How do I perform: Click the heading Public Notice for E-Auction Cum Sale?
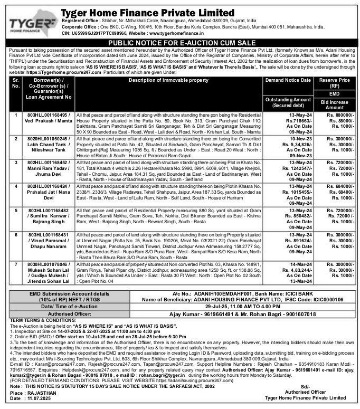click(x=179, y=42)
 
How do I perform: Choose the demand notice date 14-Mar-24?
click(x=289, y=263)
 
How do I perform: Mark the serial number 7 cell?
click(x=16, y=263)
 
